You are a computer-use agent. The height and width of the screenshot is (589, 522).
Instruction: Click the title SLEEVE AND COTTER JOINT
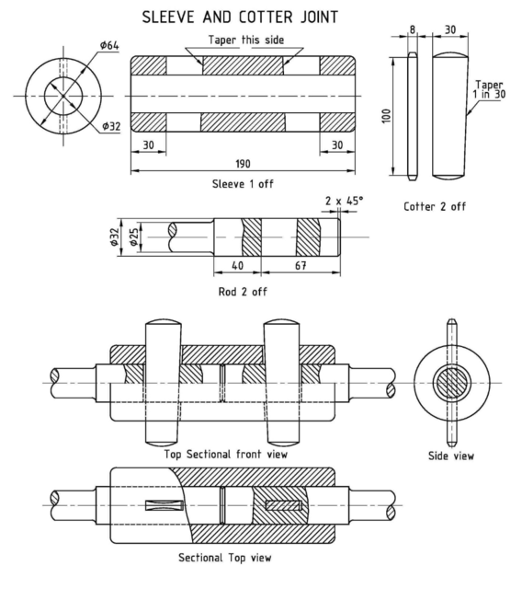(260, 17)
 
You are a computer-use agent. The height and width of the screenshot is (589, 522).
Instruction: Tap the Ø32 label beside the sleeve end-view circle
(111, 125)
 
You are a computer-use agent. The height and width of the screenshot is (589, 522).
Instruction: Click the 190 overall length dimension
(243, 163)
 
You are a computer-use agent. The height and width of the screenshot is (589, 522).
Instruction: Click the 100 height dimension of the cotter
(387, 116)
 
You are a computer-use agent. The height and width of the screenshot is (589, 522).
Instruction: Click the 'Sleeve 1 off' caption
(243, 183)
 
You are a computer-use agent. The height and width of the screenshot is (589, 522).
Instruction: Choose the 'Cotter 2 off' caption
(435, 206)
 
